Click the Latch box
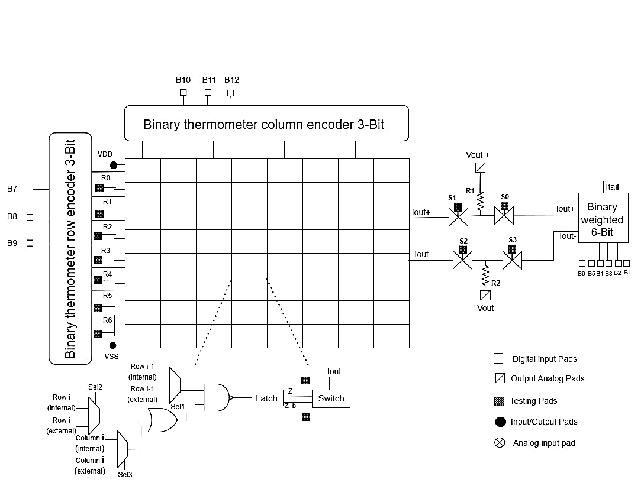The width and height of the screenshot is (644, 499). tap(266, 398)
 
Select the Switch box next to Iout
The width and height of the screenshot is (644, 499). tap(331, 398)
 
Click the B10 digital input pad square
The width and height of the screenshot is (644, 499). tap(183, 92)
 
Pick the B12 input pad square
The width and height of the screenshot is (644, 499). tap(231, 92)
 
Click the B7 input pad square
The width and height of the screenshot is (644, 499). tap(30, 189)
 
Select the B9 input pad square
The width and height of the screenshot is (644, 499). tap(30, 243)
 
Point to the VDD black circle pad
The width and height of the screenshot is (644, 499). tap(113, 166)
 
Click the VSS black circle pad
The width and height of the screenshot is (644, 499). tap(113, 345)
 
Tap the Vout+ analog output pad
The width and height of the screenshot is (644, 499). tap(481, 168)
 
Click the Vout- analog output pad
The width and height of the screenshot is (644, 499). tap(485, 294)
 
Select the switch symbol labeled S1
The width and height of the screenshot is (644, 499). tap(458, 218)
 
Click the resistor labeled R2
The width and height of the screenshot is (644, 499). tap(485, 275)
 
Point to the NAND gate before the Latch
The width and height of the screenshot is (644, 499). tap(217, 397)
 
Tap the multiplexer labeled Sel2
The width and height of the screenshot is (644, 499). tap(94, 414)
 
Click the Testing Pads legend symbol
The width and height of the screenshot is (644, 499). tap(499, 401)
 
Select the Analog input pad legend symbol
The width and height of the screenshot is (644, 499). tap(499, 442)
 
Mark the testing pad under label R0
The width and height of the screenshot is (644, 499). tap(99, 188)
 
